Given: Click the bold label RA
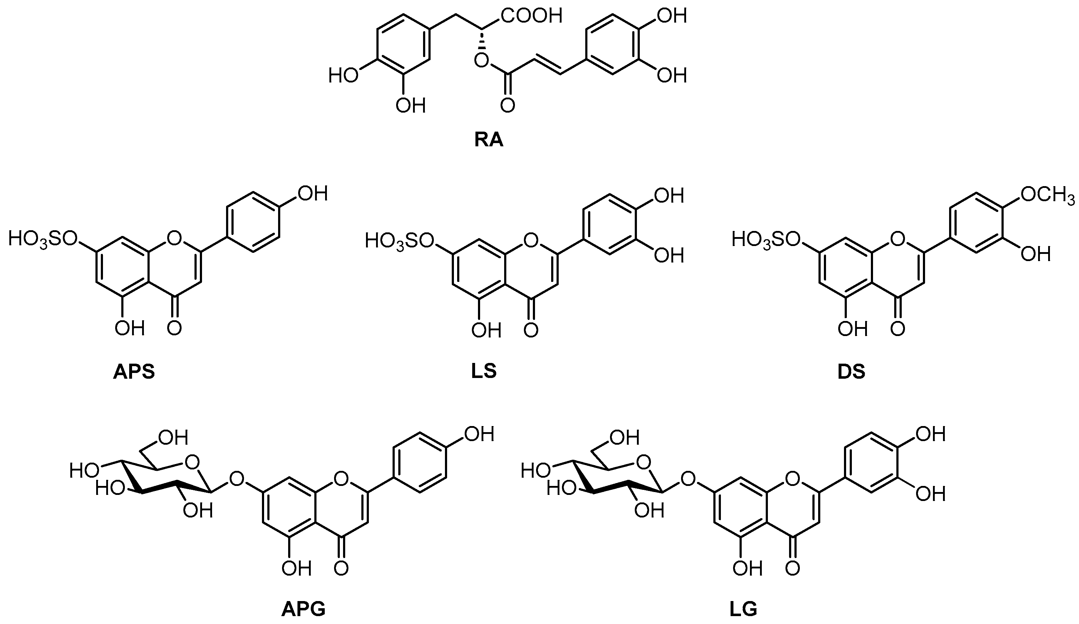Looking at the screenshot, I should (x=489, y=140).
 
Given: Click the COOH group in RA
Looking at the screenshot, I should (x=531, y=16).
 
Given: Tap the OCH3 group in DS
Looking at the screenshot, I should (x=1047, y=195).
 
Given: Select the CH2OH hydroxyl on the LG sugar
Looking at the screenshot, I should (x=624, y=438).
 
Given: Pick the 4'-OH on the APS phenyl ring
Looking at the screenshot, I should (x=313, y=194).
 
